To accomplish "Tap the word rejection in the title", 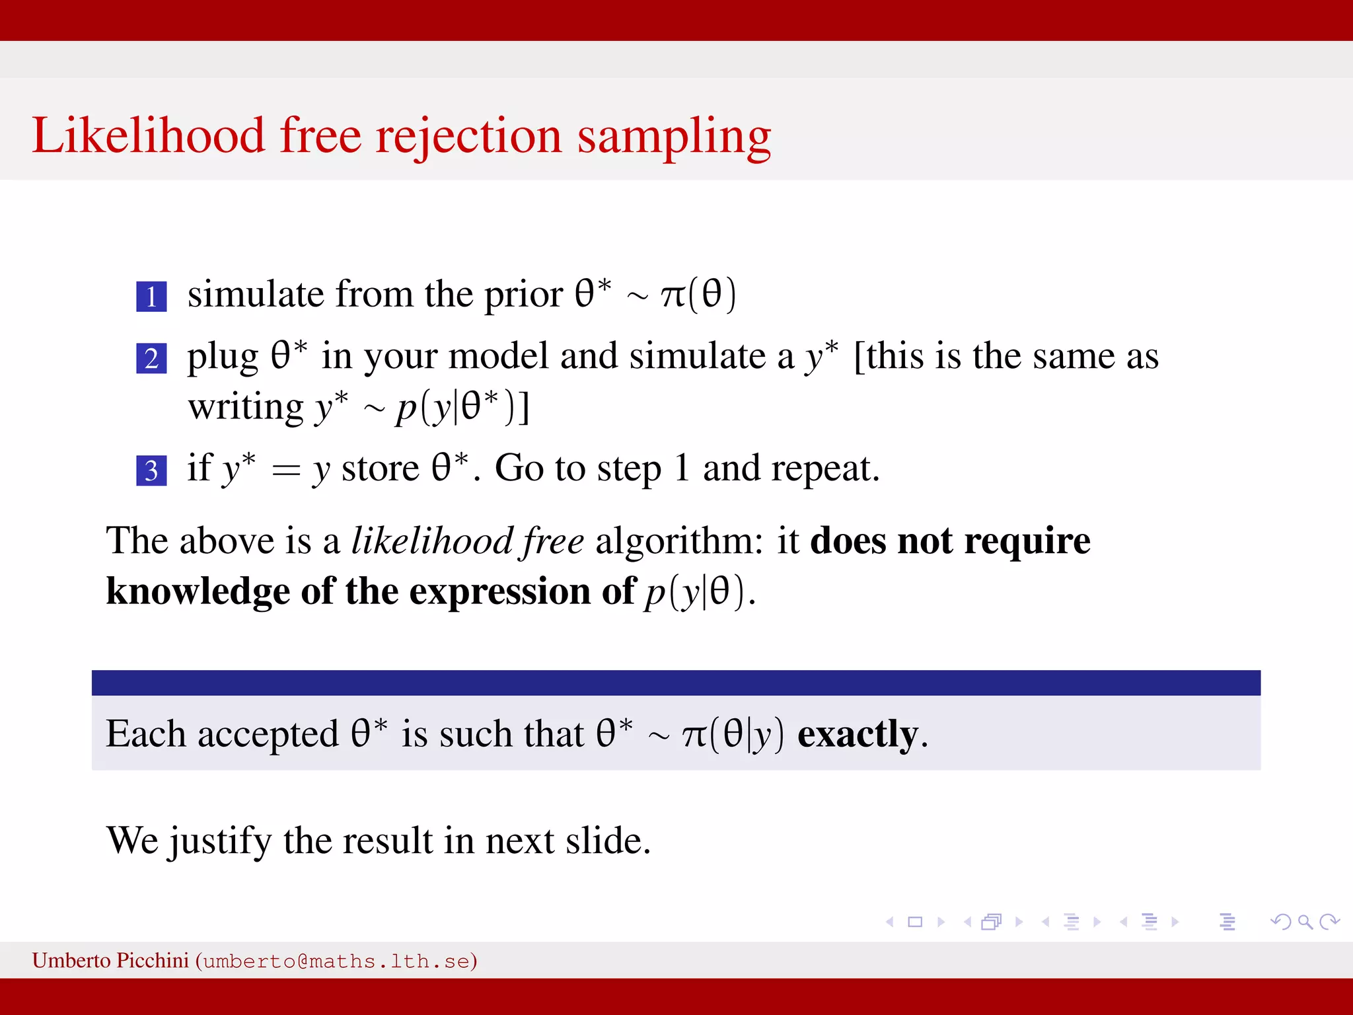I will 468,137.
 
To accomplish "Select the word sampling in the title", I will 674,137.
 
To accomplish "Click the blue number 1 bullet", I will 151,296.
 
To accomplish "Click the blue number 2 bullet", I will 151,358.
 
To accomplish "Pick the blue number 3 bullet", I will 151,470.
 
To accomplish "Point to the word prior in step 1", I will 523,295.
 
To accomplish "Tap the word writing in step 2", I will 246,407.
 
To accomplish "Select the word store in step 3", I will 380,469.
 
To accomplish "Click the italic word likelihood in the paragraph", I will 432,541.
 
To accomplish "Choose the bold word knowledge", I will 198,591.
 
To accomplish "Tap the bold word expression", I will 499,591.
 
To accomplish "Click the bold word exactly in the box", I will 858,734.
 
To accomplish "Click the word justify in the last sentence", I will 220,842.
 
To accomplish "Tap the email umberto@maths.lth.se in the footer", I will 336,961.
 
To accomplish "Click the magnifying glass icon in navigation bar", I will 1305,922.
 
